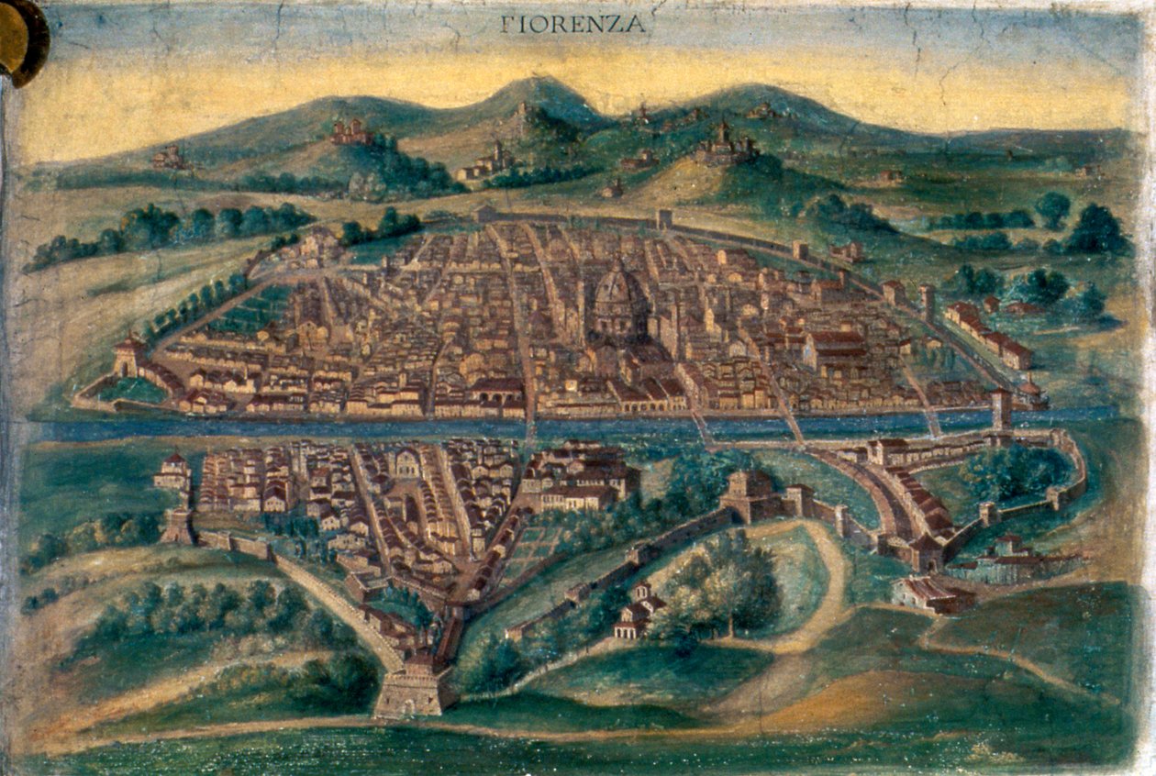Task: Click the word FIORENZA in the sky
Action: point(573,25)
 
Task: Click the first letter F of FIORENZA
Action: point(506,25)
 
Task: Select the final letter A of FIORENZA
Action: point(636,25)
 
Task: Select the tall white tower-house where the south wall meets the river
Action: point(172,471)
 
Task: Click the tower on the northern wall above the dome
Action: point(664,219)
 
